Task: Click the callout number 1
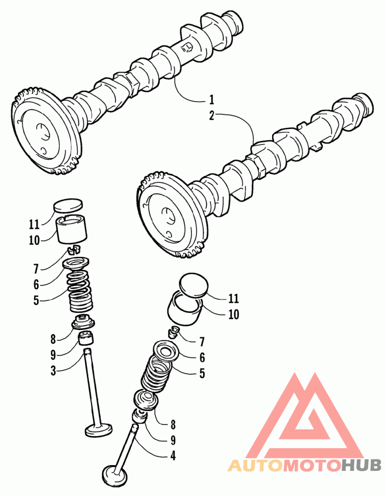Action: click(211, 100)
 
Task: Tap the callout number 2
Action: click(211, 115)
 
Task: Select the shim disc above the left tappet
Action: click(68, 205)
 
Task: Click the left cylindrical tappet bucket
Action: click(73, 229)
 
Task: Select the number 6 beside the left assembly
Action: click(36, 284)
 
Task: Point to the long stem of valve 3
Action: click(93, 386)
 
